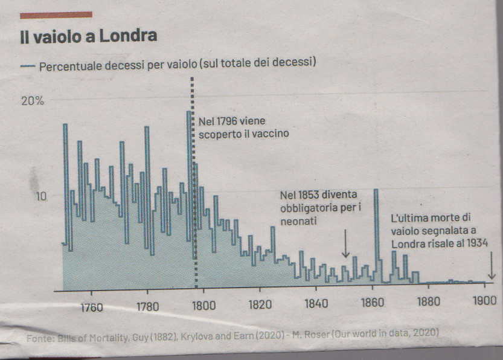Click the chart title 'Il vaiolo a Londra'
88,36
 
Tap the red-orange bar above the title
56,14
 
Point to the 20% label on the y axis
33,101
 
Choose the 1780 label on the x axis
147,305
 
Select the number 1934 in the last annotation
473,243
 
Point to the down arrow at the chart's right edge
492,266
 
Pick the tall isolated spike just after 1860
376,233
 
